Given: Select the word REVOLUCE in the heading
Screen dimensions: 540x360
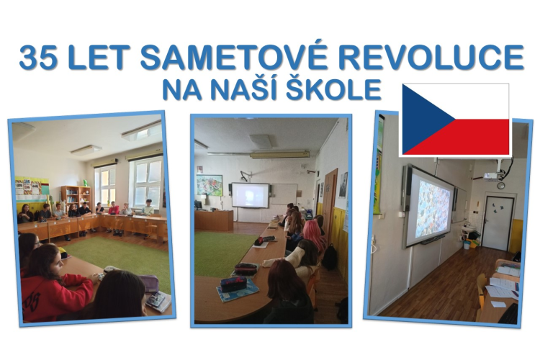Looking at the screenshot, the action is tap(431, 57).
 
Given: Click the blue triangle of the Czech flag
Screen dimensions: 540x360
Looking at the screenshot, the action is tap(423, 120).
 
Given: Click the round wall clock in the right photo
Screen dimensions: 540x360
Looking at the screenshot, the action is tap(500, 185).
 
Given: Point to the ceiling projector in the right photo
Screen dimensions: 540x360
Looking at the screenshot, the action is tap(492, 176).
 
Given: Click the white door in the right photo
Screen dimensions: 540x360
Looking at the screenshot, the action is tap(498, 223).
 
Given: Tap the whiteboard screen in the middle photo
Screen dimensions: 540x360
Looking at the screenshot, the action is tap(251, 195).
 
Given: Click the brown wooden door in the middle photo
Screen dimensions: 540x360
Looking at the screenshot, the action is tap(328, 202).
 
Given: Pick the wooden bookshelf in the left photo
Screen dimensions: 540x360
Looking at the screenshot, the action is tap(76, 197).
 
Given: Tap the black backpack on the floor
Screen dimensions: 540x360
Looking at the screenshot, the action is tap(330, 257).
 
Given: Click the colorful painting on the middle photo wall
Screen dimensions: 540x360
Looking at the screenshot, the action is tap(210, 185).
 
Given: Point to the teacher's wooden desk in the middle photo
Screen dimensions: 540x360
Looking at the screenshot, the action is tap(214, 220).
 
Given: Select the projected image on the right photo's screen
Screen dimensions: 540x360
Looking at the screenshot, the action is tap(433, 209).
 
